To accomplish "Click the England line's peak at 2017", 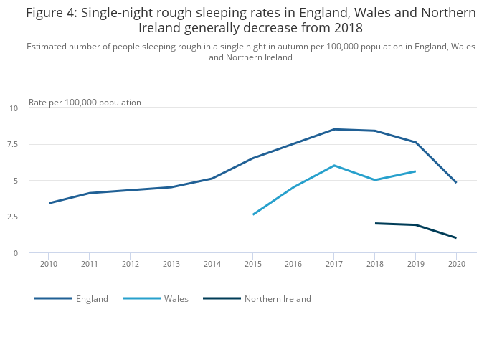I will tap(333, 129).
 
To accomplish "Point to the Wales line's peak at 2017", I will tap(333, 166).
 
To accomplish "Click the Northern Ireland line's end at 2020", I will tap(456, 238).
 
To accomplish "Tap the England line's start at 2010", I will tap(49, 203).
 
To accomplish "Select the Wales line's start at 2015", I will tap(252, 214).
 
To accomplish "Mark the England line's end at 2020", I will tap(456, 183).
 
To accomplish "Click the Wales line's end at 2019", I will tap(415, 171).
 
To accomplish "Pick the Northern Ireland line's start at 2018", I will tap(375, 223).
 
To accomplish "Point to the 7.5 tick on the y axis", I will tap(14, 145).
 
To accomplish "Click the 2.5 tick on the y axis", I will tap(14, 217).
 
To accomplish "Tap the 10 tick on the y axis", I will tap(14, 108).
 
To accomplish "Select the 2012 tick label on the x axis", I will tap(130, 265).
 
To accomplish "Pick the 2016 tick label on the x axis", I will tap(293, 265).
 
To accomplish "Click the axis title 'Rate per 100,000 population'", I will tap(85, 103).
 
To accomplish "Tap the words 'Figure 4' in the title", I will tap(52, 13).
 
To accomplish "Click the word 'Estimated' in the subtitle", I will tap(49, 47).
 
